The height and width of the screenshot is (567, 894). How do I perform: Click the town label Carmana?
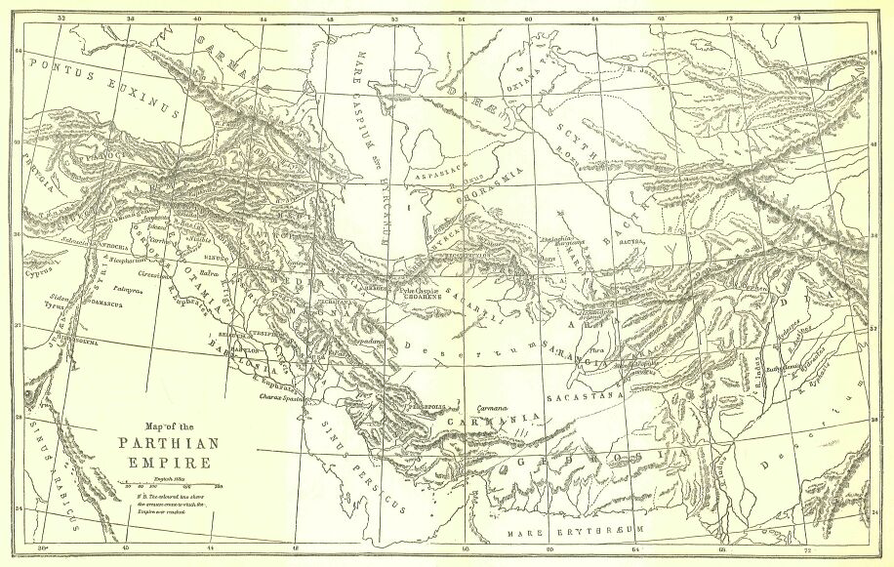click(493, 408)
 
